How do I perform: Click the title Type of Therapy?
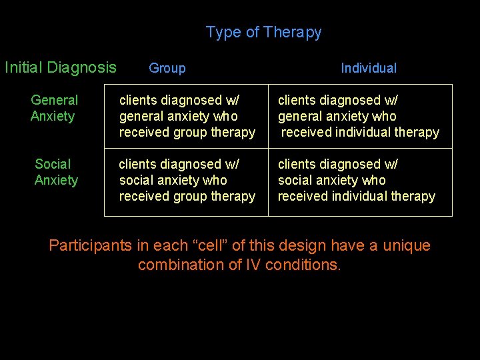coord(263,32)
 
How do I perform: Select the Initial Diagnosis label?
coord(60,67)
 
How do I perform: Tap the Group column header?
coord(167,68)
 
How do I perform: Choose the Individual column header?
coord(368,68)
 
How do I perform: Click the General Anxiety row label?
coord(54,108)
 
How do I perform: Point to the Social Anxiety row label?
coord(56,172)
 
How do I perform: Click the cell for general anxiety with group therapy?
coord(187,116)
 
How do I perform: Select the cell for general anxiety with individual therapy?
coord(358,116)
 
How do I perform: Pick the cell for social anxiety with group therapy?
coord(187,180)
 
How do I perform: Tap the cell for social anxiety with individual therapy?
coord(356,180)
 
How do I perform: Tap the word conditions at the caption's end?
coord(303,265)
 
